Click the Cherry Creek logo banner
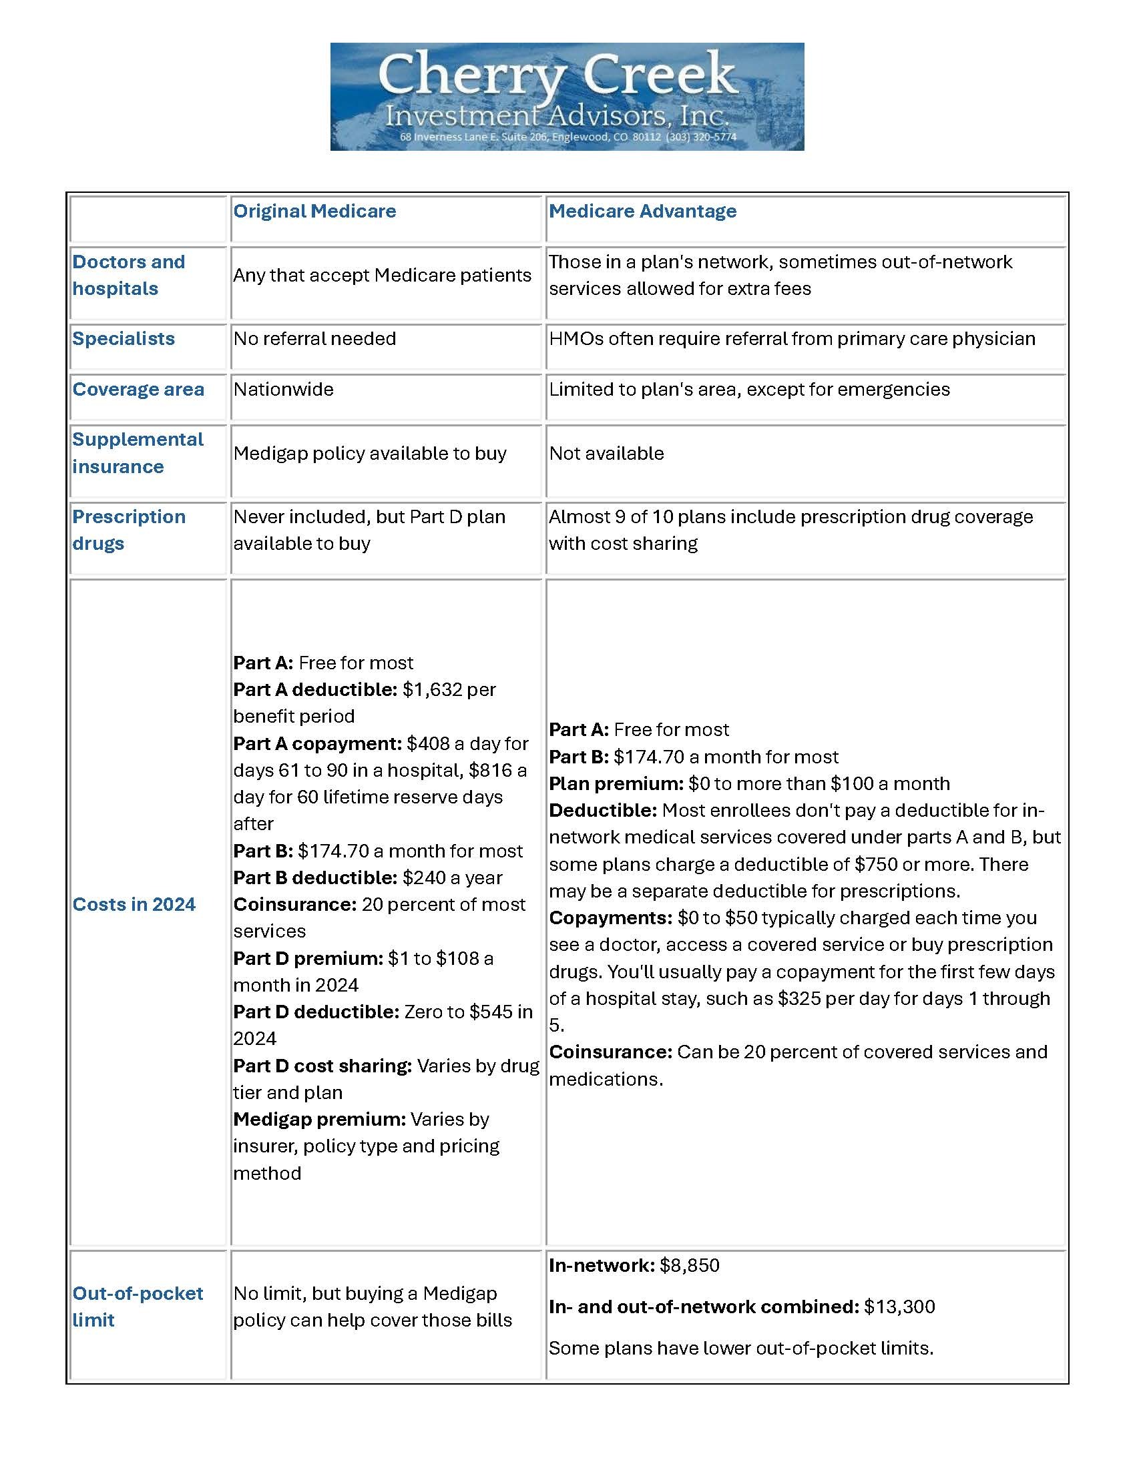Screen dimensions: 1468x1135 [x=567, y=96]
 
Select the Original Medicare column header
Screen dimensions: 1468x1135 [x=314, y=211]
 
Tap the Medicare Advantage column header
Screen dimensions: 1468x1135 [x=642, y=211]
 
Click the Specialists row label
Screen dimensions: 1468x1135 [x=123, y=338]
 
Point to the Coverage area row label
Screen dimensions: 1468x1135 [x=138, y=389]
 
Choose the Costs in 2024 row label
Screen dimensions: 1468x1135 [x=134, y=904]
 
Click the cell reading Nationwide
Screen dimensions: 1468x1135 [x=283, y=389]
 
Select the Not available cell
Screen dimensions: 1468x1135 [x=606, y=453]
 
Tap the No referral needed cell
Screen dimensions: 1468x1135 [x=314, y=338]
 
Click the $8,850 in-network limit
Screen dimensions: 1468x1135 [x=689, y=1265]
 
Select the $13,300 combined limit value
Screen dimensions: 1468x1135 [x=899, y=1307]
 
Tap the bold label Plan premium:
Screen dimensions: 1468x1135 [x=616, y=784]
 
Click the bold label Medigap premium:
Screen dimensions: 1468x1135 [x=319, y=1119]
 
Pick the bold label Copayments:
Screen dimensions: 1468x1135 [x=610, y=917]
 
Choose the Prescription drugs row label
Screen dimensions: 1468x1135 [x=128, y=530]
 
